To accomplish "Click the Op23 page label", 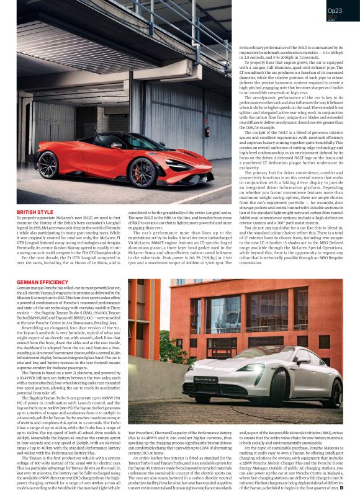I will [334, 10].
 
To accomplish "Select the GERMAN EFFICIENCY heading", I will [42, 282].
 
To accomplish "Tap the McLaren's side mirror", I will [116, 145].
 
